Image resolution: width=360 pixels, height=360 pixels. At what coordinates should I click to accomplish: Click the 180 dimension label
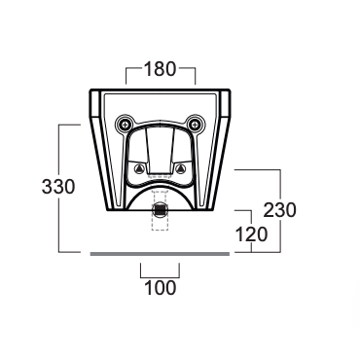click(x=161, y=69)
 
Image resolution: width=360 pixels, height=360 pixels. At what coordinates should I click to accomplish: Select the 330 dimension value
click(x=58, y=187)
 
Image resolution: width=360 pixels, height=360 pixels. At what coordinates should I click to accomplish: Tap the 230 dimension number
click(x=279, y=210)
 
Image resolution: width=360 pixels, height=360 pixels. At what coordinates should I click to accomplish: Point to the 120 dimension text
click(x=252, y=234)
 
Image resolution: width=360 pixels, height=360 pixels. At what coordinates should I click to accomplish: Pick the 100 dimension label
click(x=161, y=288)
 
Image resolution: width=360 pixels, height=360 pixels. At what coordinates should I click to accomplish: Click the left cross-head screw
click(x=125, y=124)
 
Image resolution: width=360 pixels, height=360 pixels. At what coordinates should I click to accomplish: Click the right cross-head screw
click(x=195, y=124)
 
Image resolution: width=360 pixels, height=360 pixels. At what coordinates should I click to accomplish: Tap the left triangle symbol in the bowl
click(x=139, y=168)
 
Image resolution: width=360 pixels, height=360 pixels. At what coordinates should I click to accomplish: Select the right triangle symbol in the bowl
click(x=180, y=168)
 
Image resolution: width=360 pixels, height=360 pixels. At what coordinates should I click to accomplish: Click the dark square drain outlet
click(x=160, y=209)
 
